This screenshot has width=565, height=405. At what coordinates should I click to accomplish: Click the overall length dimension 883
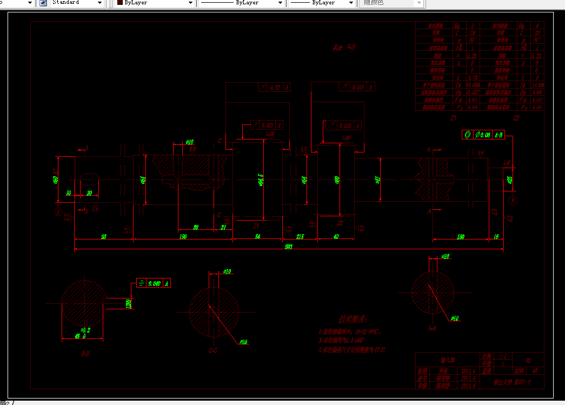(x=288, y=247)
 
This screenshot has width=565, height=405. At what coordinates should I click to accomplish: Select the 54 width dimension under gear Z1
(x=257, y=236)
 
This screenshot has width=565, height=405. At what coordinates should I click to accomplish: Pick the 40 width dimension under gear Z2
(x=336, y=236)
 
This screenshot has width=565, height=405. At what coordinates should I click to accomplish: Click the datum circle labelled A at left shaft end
(x=58, y=210)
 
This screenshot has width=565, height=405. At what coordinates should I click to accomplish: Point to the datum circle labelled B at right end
(x=513, y=201)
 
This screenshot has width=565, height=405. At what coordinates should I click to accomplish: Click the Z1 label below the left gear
(x=257, y=225)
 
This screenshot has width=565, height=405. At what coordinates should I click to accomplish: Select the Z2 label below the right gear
(x=340, y=223)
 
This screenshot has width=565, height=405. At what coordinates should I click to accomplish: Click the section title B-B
(x=85, y=354)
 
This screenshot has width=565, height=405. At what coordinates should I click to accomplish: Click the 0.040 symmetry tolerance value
(x=155, y=283)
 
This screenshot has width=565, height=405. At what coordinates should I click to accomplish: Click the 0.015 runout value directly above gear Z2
(x=357, y=87)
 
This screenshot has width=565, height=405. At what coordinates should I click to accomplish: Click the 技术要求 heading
(x=353, y=320)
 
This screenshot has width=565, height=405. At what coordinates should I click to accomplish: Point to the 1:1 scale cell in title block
(x=503, y=357)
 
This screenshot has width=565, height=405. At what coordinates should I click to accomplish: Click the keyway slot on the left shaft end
(x=90, y=179)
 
